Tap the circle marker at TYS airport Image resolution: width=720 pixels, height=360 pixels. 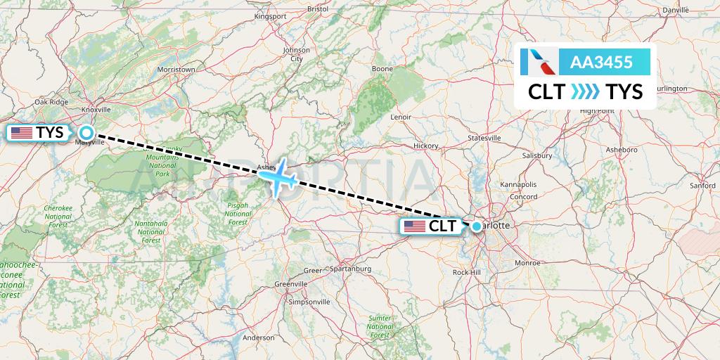click(86, 132)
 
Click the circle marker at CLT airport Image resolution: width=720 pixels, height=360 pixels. click(477, 226)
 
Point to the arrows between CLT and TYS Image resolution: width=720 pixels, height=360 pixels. click(585, 91)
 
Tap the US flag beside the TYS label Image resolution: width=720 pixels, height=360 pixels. click(22, 132)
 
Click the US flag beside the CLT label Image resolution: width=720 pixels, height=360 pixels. click(414, 226)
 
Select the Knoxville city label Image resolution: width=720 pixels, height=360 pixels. click(96, 110)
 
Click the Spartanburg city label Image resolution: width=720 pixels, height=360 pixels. click(349, 269)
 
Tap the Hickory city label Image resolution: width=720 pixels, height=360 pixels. click(425, 146)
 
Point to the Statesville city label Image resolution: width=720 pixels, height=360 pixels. click(484, 139)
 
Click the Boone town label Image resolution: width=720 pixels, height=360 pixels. click(382, 69)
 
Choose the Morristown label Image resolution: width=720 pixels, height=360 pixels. click(176, 70)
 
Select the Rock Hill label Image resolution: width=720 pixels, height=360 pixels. click(467, 272)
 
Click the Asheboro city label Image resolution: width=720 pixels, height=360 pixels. click(622, 150)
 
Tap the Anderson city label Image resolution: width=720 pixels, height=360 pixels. click(258, 337)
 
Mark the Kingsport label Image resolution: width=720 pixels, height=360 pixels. click(270, 35)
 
